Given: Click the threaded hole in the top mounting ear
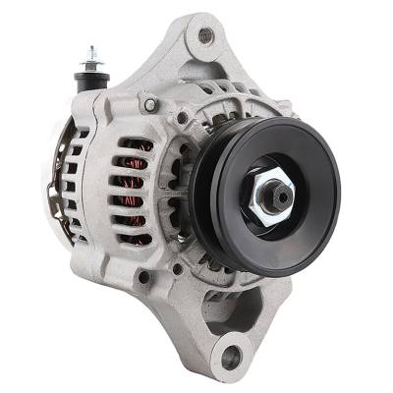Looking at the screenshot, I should [205, 36].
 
